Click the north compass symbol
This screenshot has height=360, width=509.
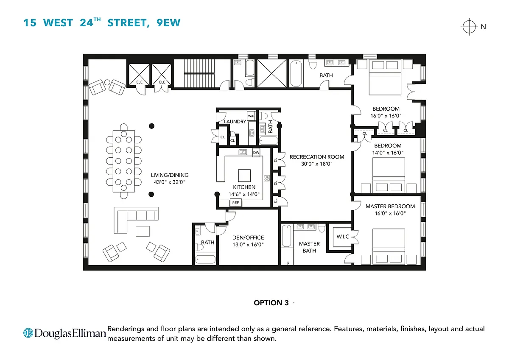[x=469, y=27]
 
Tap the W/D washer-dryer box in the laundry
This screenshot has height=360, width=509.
[x=251, y=116]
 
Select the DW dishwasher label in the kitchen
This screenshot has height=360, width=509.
[x=256, y=152]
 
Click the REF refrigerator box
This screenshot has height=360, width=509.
[x=236, y=203]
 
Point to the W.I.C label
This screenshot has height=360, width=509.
[x=343, y=237]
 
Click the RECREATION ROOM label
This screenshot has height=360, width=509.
[x=317, y=157]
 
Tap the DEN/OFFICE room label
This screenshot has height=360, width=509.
[x=248, y=237]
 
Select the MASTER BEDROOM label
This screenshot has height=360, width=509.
[x=390, y=206]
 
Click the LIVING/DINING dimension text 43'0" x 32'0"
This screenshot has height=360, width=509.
[x=170, y=182]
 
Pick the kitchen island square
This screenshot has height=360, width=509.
[x=244, y=176]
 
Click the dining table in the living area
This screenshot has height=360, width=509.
[x=123, y=161]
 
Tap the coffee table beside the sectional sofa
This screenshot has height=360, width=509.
[x=143, y=231]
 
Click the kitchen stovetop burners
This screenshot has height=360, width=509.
[x=267, y=178]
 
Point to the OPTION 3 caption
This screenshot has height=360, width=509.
[x=271, y=303]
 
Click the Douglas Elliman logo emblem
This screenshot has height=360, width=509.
[x=28, y=333]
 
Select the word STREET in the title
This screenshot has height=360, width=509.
[x=129, y=23]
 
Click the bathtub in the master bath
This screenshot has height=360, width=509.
[x=287, y=236]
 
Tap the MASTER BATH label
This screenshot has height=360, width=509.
[x=309, y=247]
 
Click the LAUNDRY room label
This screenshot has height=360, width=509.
[x=235, y=122]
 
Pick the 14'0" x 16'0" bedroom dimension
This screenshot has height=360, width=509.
[x=388, y=153]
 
